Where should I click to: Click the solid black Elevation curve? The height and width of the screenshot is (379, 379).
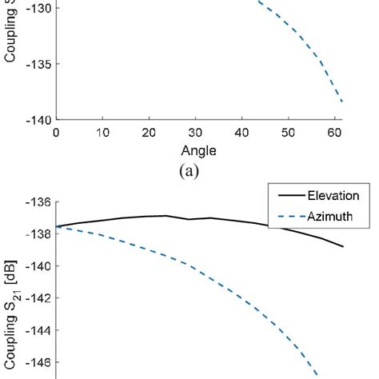point(200,218)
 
